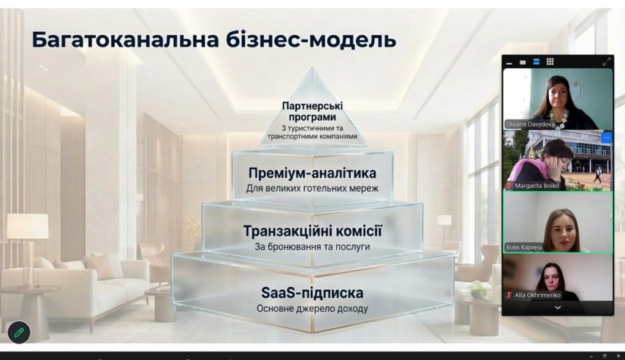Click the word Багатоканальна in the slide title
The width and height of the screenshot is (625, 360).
126,40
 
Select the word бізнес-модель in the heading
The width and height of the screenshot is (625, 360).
311,40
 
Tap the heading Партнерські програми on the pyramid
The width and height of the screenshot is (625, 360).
312,112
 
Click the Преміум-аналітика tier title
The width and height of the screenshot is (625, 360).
312,173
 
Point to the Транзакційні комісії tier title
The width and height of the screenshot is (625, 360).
312,231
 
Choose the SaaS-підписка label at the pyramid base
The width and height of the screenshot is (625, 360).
312,293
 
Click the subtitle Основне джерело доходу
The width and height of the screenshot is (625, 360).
312,309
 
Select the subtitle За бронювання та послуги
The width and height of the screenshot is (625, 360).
312,247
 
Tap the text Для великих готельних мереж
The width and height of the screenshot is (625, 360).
312,188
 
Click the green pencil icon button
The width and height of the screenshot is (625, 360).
19,332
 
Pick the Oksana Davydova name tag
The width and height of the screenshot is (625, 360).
530,124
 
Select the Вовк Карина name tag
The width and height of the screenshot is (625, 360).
524,247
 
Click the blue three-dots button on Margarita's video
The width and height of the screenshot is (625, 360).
606,137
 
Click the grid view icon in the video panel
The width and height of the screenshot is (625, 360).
550,62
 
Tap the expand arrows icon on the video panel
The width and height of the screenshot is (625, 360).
606,62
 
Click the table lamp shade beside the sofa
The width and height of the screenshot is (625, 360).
27,226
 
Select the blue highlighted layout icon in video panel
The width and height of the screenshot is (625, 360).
536,62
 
